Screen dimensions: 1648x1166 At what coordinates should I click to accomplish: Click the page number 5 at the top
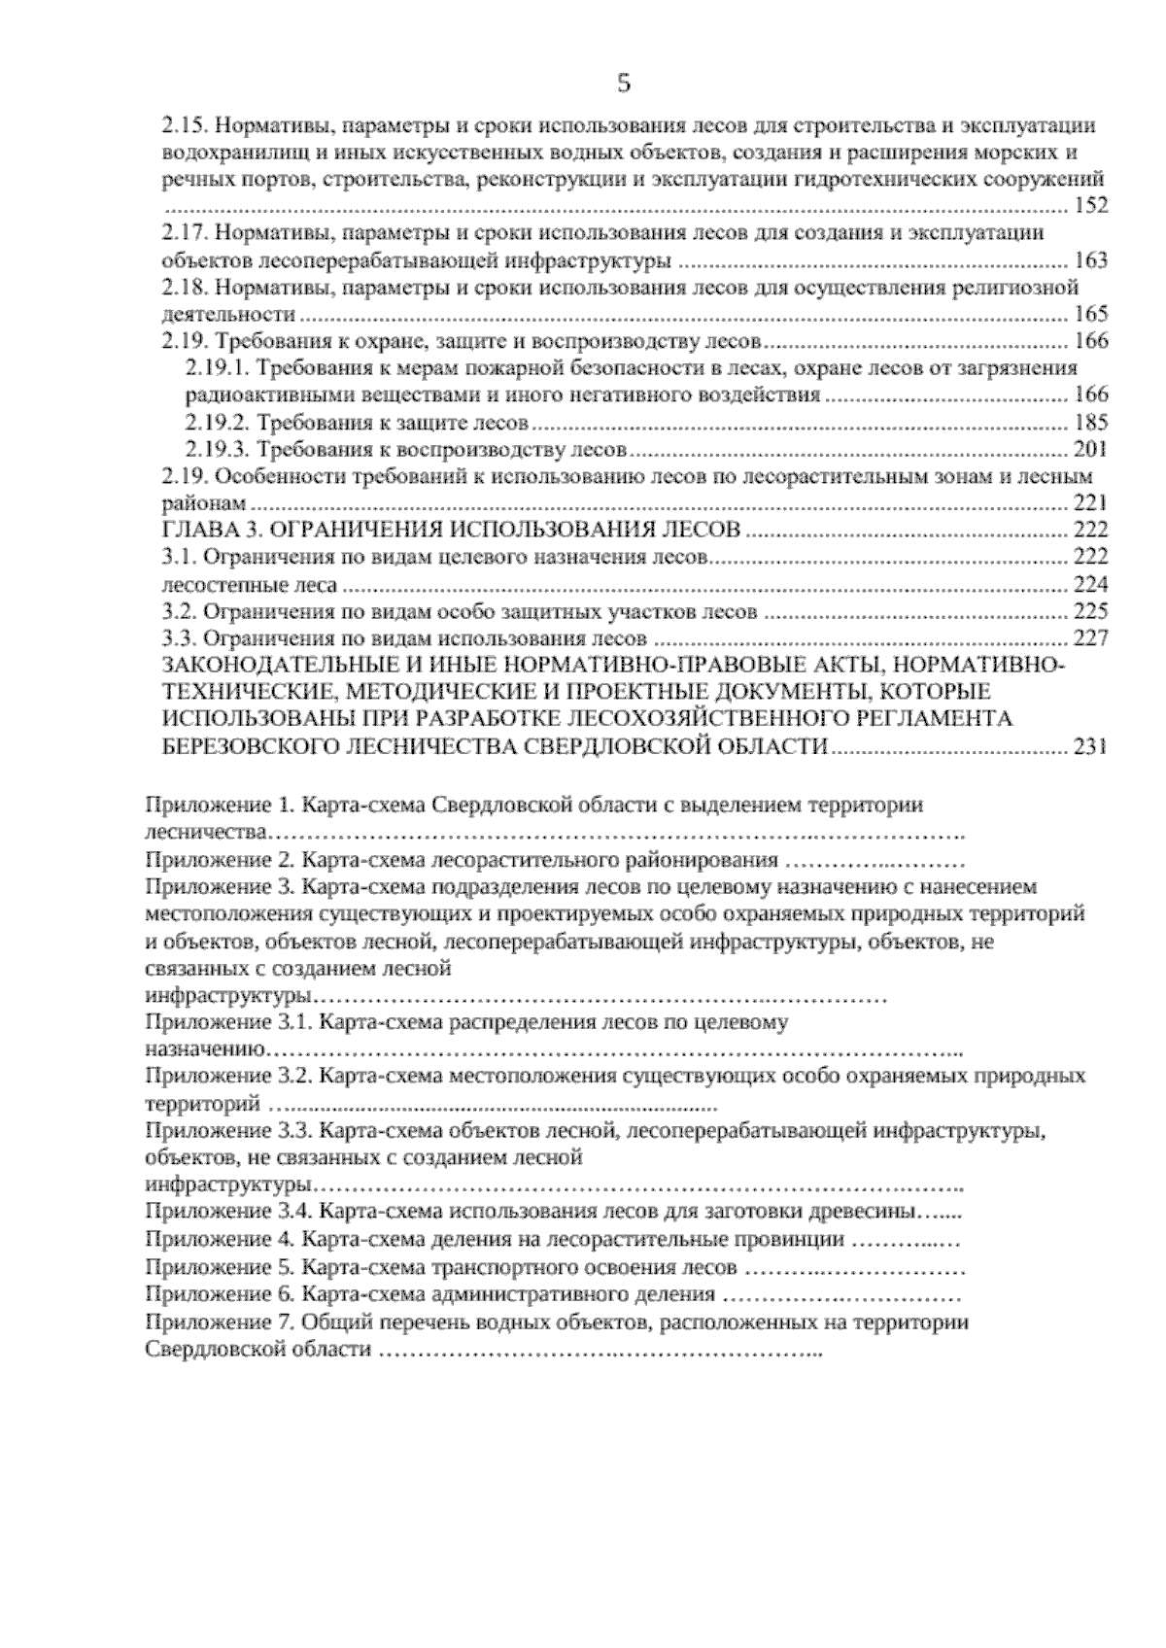click(x=624, y=84)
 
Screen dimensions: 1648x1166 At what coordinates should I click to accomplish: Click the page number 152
click(x=1089, y=206)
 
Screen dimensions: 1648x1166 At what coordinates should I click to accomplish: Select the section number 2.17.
click(x=180, y=233)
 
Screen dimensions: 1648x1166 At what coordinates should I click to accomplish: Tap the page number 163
click(x=1089, y=260)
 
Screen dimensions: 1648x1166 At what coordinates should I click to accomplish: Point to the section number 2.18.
click(x=180, y=288)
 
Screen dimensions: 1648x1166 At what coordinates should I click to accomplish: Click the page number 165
click(x=1089, y=315)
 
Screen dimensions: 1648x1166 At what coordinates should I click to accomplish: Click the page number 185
click(x=1089, y=423)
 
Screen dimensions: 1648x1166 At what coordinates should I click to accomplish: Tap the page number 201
click(x=1089, y=450)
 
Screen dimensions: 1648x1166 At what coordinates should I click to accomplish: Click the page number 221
click(x=1089, y=503)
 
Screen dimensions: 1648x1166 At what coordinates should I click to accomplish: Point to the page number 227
click(x=1089, y=639)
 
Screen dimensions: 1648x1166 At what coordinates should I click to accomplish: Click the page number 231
click(x=1089, y=747)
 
